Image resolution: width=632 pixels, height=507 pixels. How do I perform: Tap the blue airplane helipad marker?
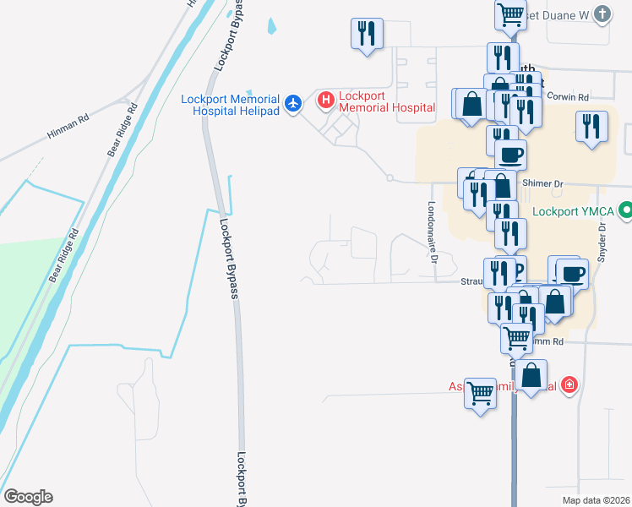(x=293, y=103)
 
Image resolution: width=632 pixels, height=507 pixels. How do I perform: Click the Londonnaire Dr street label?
(x=431, y=232)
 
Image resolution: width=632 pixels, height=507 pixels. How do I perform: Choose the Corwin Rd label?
(x=567, y=96)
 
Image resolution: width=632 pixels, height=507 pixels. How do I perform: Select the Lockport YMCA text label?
(x=574, y=210)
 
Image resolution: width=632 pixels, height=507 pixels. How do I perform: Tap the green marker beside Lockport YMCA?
(x=626, y=210)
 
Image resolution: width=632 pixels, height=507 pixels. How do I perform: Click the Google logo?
(x=27, y=497)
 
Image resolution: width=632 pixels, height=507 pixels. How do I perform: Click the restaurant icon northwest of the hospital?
(x=367, y=34)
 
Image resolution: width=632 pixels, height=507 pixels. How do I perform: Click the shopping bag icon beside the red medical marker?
(x=532, y=375)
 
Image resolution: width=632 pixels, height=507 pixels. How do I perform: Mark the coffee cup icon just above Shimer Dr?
(x=510, y=155)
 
